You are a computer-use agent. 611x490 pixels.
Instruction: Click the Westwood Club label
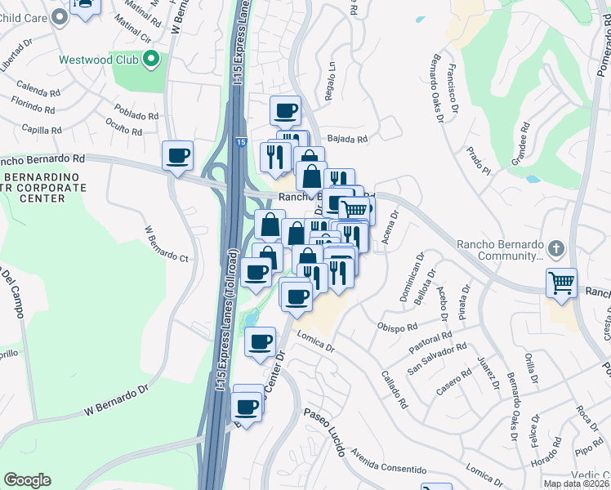[98, 60]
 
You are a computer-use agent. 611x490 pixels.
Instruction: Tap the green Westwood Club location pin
[150, 59]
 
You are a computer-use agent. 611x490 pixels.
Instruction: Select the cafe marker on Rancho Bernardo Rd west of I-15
[178, 155]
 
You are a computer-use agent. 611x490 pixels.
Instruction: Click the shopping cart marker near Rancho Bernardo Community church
[561, 283]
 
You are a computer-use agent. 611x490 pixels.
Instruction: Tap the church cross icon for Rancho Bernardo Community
[555, 247]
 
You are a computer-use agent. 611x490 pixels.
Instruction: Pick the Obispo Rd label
[398, 327]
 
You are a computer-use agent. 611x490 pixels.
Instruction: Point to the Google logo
[27, 480]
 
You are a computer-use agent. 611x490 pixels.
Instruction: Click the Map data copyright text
[576, 483]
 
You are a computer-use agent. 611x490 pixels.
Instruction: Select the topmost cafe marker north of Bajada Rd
[285, 110]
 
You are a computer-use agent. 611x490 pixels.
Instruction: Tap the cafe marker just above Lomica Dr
[261, 342]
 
